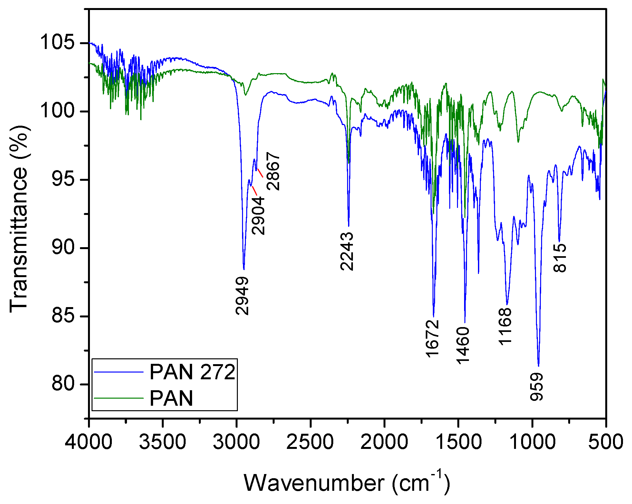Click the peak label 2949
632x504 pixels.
coord(242,296)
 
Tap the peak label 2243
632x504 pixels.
coord(347,251)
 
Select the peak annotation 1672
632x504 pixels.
coord(433,338)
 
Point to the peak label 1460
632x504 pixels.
coord(463,345)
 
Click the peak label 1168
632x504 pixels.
coord(505,326)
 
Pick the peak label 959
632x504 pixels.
coord(537,387)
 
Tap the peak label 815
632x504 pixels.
coord(560,258)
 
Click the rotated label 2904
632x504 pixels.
coord(258,215)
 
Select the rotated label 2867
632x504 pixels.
coord(273,171)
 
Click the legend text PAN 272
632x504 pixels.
coord(192,372)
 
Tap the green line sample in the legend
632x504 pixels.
coord(119,398)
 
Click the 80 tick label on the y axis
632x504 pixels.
coord(63,384)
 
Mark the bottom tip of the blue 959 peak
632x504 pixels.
coord(539,366)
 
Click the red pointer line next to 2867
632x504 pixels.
coord(260,173)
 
